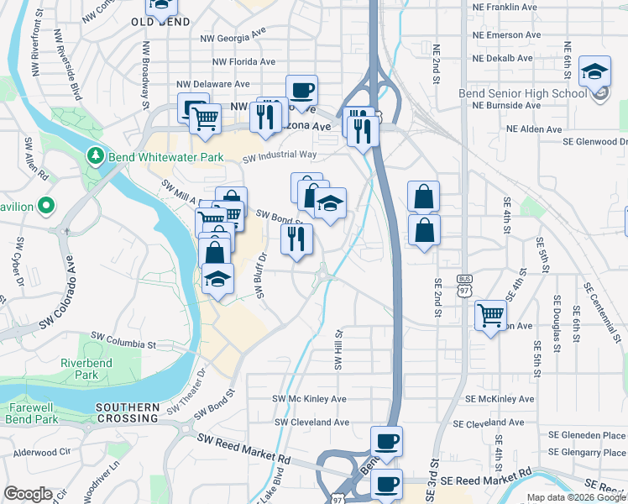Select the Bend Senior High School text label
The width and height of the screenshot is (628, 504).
point(522,93)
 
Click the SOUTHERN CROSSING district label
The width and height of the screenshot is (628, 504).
point(127,412)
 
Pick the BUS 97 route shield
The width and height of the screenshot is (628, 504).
point(463,284)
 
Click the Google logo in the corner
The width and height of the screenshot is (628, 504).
point(29,494)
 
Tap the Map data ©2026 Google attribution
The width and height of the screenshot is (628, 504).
point(576,498)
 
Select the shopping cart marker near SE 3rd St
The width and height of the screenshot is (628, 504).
point(491,316)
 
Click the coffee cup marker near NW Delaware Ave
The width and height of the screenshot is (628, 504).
point(301,90)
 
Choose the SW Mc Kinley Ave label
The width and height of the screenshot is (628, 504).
point(310,399)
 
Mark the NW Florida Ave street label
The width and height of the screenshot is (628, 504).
point(244,61)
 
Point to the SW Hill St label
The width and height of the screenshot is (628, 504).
point(339,349)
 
